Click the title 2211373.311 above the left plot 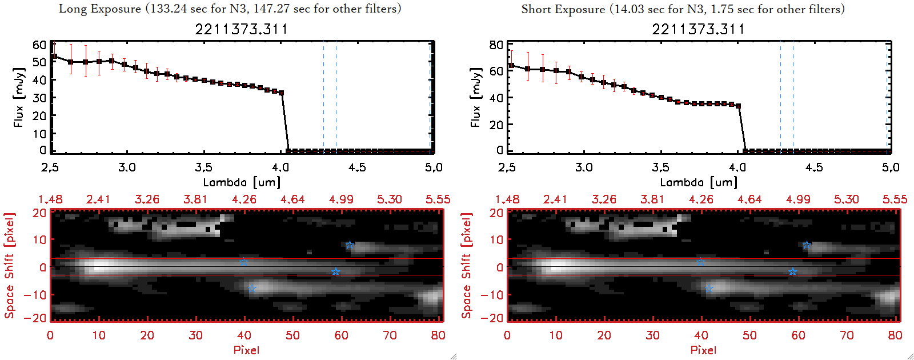pyautogui.click(x=241, y=29)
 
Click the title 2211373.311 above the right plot pyautogui.click(x=698, y=29)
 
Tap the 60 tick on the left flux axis pyautogui.click(x=39, y=45)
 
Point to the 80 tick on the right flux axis pyautogui.click(x=496, y=45)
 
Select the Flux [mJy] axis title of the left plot pyautogui.click(x=18, y=98)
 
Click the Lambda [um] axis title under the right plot pyautogui.click(x=699, y=182)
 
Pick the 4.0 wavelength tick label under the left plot pyautogui.click(x=280, y=167)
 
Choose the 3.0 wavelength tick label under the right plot pyautogui.click(x=584, y=167)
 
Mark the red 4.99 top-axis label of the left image pyautogui.click(x=341, y=199)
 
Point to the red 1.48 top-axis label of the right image pyautogui.click(x=507, y=199)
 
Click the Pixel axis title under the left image pyautogui.click(x=246, y=350)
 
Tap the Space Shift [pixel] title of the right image pyautogui.click(x=467, y=266)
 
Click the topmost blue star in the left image pyautogui.click(x=350, y=245)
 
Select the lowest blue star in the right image pyautogui.click(x=709, y=289)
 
